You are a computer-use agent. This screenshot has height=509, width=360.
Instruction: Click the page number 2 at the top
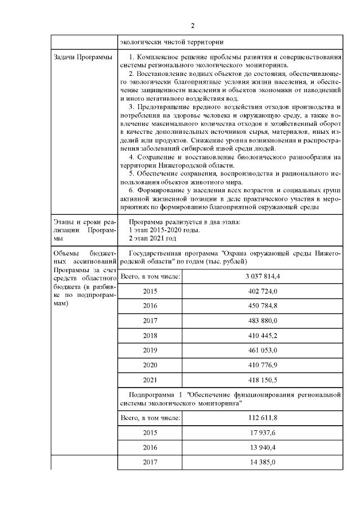[192, 26]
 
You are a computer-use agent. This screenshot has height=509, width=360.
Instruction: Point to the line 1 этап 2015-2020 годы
[164, 229]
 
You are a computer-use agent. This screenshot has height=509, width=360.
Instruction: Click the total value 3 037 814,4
[263, 277]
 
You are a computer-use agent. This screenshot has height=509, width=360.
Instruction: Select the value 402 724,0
[263, 292]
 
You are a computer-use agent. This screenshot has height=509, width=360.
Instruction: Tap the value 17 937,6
[263, 433]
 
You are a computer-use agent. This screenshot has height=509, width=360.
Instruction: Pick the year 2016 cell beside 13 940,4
[150, 448]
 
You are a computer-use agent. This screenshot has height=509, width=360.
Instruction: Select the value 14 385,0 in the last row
[263, 462]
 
